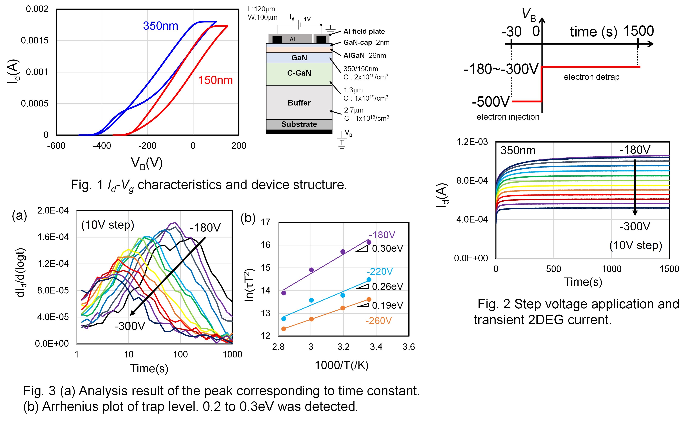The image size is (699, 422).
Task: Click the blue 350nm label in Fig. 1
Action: (x=161, y=26)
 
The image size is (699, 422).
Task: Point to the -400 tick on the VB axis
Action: (x=102, y=146)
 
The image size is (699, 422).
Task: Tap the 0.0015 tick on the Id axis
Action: (x=35, y=41)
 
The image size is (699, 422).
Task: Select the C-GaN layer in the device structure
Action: (x=299, y=74)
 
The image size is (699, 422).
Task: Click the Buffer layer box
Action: (x=299, y=102)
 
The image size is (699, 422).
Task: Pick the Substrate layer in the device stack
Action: (x=299, y=124)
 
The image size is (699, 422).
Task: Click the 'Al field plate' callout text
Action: (x=364, y=31)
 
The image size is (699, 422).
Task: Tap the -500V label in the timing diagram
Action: (x=491, y=102)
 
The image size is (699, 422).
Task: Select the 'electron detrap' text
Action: (x=591, y=77)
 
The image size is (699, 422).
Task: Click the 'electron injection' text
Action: (x=508, y=117)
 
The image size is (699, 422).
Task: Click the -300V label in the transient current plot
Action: (x=635, y=226)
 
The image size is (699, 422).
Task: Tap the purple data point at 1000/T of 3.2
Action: (x=343, y=252)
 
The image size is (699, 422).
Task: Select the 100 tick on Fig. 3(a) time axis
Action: (x=181, y=354)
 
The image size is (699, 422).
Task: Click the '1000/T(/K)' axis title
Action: (x=342, y=365)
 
